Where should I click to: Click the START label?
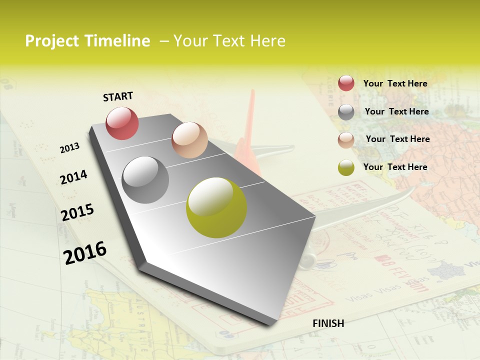point(118,96)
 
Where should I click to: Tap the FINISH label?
point(328,323)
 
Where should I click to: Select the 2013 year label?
point(69,148)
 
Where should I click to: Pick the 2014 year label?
point(73,177)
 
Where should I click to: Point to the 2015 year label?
point(77,212)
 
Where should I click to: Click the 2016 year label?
point(85,252)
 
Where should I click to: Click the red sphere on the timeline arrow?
point(122,123)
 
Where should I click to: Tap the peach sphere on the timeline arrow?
point(189,140)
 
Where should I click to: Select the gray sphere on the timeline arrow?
point(145,180)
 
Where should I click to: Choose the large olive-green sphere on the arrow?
point(216,207)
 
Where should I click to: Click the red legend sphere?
point(346,83)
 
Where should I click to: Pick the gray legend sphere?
point(346,112)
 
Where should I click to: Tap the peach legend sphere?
point(346,140)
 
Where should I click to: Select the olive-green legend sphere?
point(346,167)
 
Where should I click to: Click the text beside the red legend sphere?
point(395,83)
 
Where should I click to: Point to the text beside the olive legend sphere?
point(395,167)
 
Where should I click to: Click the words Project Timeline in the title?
point(87,41)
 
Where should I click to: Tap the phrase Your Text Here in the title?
point(229,41)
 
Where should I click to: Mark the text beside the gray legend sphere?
point(396,111)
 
